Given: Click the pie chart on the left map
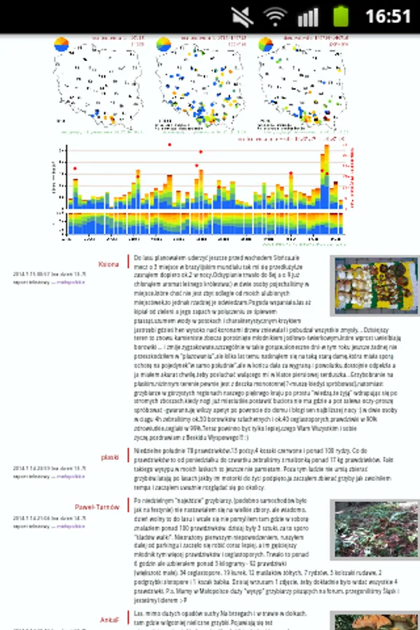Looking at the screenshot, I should coord(62,44).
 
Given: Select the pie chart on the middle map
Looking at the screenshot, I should coord(164,44).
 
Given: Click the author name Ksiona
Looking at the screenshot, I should coord(108,265).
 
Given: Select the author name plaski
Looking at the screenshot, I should coord(110,457).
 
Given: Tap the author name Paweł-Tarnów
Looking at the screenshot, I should coord(97,507).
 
